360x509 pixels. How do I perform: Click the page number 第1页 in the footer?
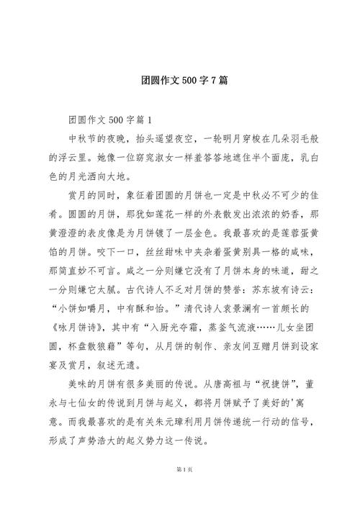[x=180, y=490]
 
